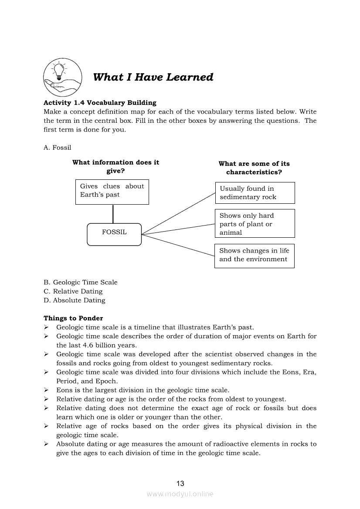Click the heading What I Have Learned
click(x=153, y=78)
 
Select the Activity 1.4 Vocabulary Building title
click(x=100, y=103)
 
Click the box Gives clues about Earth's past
click(x=112, y=192)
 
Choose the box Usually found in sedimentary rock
click(x=255, y=193)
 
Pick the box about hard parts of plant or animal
click(x=255, y=223)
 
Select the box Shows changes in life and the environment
click(x=255, y=256)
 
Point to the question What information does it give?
click(x=115, y=166)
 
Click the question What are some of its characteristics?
click(x=254, y=168)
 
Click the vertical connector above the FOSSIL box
click(x=113, y=214)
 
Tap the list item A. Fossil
click(x=57, y=148)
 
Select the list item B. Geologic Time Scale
click(x=81, y=282)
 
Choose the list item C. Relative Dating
click(x=73, y=291)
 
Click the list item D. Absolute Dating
click(x=75, y=300)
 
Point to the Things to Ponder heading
click(x=73, y=318)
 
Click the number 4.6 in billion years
click(x=88, y=345)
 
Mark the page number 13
click(x=180, y=483)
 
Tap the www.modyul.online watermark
click(x=180, y=494)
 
